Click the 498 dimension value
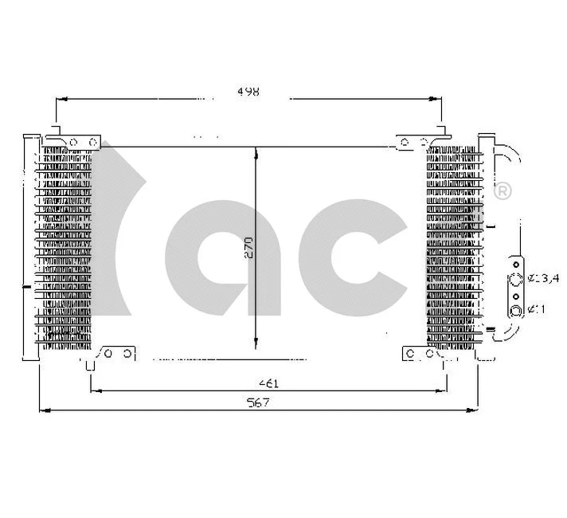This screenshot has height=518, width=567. (248, 92)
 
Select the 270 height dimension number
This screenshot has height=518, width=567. (248, 249)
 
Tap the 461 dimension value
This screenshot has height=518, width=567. (268, 383)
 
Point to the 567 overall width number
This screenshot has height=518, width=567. (259, 403)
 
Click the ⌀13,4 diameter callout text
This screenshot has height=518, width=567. (545, 278)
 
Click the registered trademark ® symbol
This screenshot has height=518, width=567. (503, 192)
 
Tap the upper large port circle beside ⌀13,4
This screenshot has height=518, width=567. (516, 279)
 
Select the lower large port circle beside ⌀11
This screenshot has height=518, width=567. (516, 310)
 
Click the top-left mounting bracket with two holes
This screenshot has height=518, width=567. (77, 141)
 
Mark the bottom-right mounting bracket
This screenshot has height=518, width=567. (414, 353)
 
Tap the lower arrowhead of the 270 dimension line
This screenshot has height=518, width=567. (255, 344)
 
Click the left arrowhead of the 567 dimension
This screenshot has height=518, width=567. (44, 410)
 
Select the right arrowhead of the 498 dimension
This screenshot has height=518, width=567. (436, 100)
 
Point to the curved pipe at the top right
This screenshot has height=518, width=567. (508, 155)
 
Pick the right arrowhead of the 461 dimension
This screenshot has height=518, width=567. (442, 390)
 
